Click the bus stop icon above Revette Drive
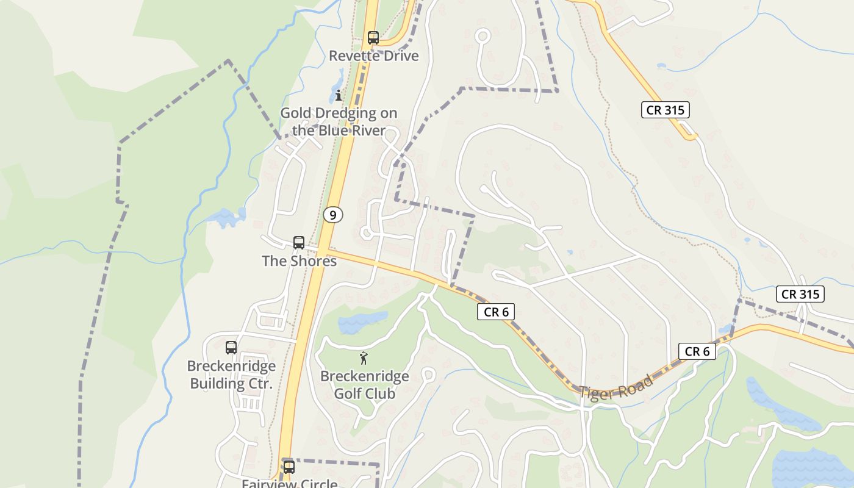tap(373, 38)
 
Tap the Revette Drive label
tap(373, 56)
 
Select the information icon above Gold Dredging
tap(339, 96)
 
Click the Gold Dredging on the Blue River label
tap(339, 121)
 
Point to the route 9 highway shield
tap(332, 215)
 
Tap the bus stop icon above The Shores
tap(299, 242)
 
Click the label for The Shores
tap(299, 261)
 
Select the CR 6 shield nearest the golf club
tap(496, 312)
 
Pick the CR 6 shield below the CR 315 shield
tap(697, 351)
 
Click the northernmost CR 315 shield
tap(666, 110)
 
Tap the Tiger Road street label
tap(616, 387)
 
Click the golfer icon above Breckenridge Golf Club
tap(364, 358)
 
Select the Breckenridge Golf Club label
tap(365, 385)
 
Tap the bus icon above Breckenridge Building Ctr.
tap(231, 347)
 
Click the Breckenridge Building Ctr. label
tap(231, 375)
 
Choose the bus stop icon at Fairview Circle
tap(289, 467)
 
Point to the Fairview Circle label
tap(289, 484)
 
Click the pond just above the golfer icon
tap(362, 322)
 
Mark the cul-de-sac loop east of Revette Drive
tap(483, 36)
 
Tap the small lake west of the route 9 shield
tap(227, 217)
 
